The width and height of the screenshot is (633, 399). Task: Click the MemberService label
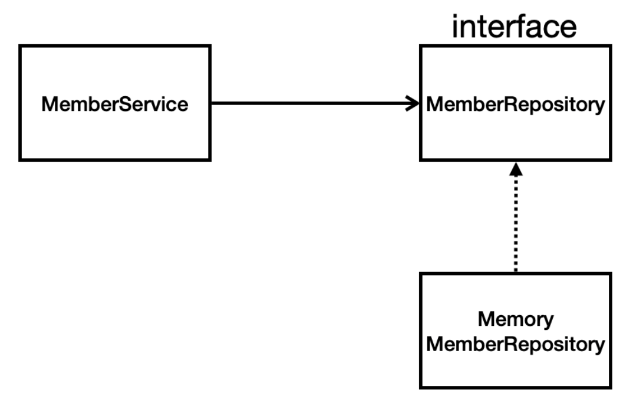coord(115,104)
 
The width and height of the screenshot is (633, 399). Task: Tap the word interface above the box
coord(515,27)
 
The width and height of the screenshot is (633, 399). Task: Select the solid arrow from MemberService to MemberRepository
coord(315,103)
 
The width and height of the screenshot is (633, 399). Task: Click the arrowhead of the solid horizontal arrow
coord(413,103)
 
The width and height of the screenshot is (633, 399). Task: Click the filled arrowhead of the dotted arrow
coord(516,169)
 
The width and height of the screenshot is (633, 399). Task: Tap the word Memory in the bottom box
coord(516,320)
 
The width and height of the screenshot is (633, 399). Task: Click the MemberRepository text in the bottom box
coord(516,345)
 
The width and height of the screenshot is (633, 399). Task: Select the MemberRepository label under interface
coord(516,104)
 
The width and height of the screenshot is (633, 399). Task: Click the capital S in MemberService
coord(126,104)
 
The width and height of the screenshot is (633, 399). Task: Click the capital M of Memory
coord(486,319)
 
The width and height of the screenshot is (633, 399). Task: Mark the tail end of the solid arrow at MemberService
coord(212,103)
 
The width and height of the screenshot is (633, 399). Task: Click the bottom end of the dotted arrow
coord(516,272)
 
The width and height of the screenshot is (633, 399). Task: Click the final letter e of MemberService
coord(183,106)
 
